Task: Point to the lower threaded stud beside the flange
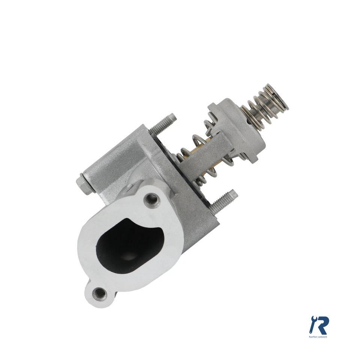click(224, 201)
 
